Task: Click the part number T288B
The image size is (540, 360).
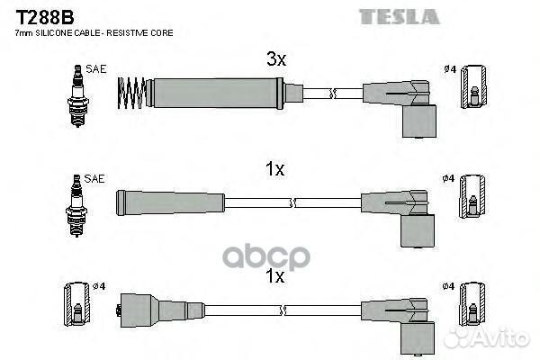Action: coord(45,17)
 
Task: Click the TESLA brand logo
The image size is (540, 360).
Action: coord(400,16)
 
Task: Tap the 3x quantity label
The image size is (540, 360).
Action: coord(276,58)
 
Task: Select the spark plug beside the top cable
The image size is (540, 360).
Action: coord(77,95)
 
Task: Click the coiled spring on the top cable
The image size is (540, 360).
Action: coord(131,93)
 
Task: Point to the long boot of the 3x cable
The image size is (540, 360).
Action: coord(215,93)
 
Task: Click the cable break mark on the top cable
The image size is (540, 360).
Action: coord(332,93)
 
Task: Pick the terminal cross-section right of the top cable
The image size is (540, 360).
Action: coord(474,86)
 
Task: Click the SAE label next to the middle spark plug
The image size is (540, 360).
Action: coord(94,178)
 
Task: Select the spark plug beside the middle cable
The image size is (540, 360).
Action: coord(76,205)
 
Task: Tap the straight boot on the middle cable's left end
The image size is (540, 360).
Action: coord(170,202)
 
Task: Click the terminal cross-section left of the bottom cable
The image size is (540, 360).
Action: coord(77,304)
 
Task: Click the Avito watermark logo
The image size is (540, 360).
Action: coord(487,337)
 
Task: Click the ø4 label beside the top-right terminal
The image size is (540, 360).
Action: coord(450,69)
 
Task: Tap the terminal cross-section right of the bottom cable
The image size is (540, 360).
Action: coord(472,304)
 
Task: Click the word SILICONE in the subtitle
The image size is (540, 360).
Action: coord(54,33)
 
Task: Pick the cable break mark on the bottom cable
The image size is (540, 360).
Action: coord(283,310)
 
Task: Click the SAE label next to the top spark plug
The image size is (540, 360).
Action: coord(96,69)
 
